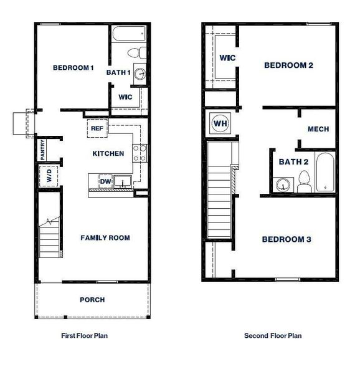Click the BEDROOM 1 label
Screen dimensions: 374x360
[73, 68]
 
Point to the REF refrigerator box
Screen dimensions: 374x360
[97, 128]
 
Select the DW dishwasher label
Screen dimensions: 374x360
[106, 181]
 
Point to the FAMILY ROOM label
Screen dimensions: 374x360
[105, 237]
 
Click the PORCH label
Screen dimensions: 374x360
[92, 300]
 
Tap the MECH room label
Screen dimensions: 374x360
[318, 129]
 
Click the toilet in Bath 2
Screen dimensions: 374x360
[304, 183]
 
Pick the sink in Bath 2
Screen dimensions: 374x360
[283, 185]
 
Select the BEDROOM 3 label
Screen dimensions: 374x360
[286, 239]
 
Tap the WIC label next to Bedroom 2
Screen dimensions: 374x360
[227, 59]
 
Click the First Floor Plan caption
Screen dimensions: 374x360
[85, 335]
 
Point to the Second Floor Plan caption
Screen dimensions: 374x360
[273, 335]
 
